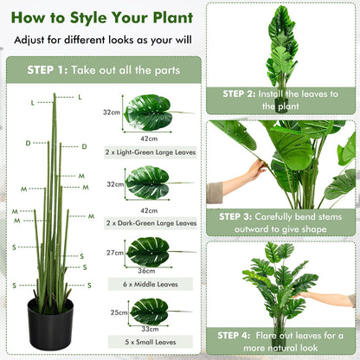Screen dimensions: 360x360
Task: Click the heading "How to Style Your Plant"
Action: (100, 16)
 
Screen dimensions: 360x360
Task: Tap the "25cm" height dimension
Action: (114, 312)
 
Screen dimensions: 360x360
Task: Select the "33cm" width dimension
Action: (149, 330)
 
